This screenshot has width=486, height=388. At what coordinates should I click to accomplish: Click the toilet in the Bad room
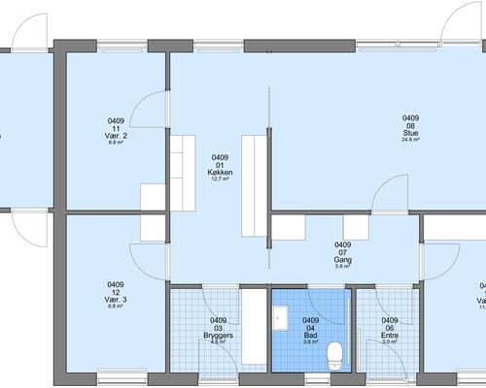pyautogui.click(x=335, y=354)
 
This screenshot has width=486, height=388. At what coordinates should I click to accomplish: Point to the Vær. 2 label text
pyautogui.click(x=117, y=136)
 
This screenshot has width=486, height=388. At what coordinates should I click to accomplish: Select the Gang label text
pyautogui.click(x=342, y=259)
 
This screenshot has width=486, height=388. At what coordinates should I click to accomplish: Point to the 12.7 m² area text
pyautogui.click(x=219, y=178)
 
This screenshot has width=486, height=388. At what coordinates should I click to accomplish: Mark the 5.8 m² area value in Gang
pyautogui.click(x=342, y=266)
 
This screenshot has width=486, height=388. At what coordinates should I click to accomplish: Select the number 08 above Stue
pyautogui.click(x=410, y=125)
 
